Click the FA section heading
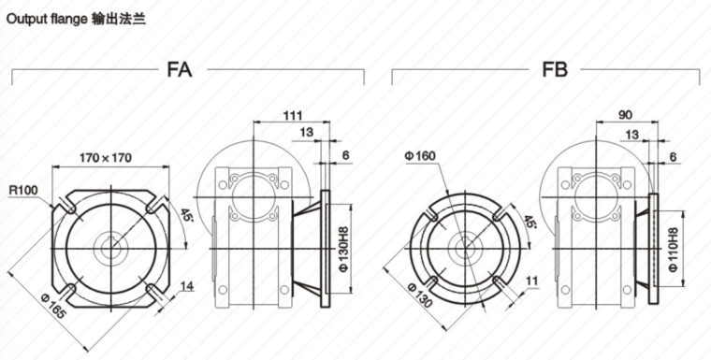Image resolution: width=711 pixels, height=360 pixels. click(180, 70)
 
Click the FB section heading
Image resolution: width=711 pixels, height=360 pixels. click(555, 70)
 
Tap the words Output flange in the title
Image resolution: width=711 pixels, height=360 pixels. click(46, 20)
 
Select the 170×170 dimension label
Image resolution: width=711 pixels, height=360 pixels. click(106, 158)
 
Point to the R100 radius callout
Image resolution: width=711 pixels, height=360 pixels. click(23, 190)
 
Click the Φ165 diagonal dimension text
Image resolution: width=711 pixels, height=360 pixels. click(53, 305)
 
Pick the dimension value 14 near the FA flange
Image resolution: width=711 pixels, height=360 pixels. click(187, 285)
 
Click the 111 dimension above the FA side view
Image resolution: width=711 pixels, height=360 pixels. click(293, 116)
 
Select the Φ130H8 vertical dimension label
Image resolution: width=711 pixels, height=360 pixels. click(344, 249)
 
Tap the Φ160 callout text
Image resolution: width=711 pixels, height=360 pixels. click(419, 156)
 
